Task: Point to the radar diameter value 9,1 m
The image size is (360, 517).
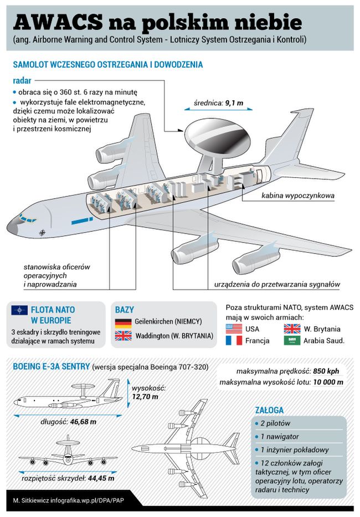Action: pos(233,103)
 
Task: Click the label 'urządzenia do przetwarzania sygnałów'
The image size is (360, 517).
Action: pos(277,284)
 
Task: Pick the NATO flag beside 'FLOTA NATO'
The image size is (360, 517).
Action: pos(19,310)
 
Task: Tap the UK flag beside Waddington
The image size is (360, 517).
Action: pos(122,336)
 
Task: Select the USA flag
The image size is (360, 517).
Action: pos(234,328)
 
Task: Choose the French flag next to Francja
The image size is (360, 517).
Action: pos(234,340)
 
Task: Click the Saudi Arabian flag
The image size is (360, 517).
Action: pos(292,340)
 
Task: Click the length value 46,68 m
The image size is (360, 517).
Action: pos(84,422)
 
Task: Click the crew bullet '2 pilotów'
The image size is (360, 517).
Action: pos(279,424)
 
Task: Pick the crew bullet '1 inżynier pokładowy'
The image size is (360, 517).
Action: pos(297,449)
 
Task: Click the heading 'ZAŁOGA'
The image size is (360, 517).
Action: pos(269,411)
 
